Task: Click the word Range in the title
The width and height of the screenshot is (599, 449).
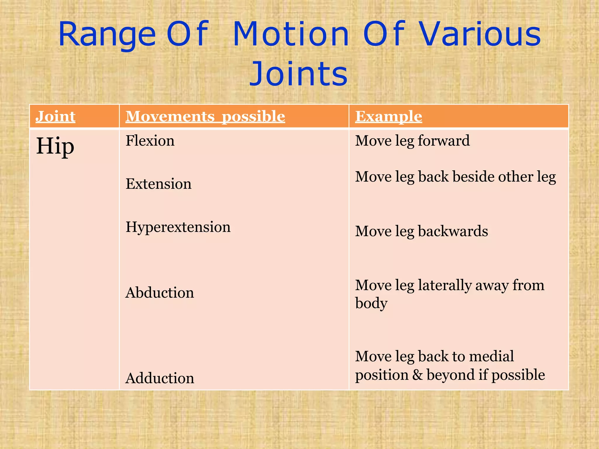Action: pos(107,35)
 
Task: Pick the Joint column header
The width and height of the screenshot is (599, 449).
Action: pos(55,116)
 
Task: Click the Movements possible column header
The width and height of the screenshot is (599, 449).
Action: pos(205,116)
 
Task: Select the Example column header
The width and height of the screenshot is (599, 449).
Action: pos(388,116)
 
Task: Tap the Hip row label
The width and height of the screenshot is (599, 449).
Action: pos(55,146)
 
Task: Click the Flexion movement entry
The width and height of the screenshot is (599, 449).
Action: pos(150,141)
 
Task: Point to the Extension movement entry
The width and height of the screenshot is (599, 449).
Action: pos(158,184)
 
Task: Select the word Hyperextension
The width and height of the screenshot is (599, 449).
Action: pos(178,227)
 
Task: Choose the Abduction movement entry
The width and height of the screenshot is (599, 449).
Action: pos(159,293)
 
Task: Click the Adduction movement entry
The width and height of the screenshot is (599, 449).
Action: pos(160,378)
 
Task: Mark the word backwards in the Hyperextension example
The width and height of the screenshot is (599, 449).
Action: pos(453,231)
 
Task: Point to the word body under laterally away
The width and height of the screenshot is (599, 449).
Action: pos(371,303)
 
